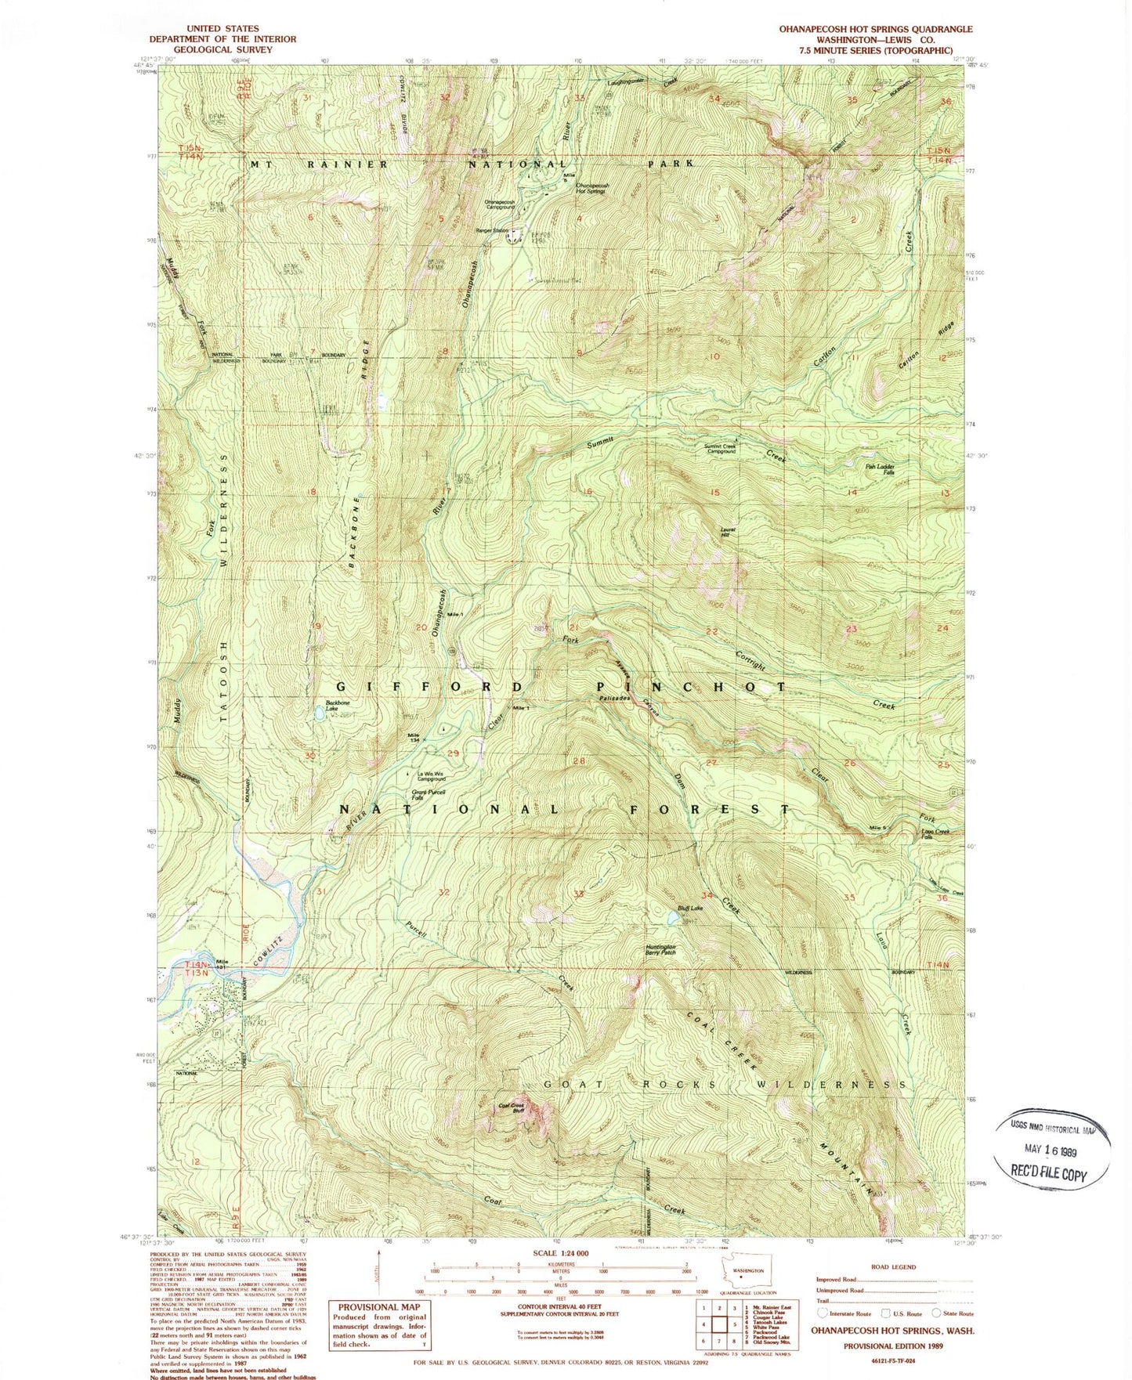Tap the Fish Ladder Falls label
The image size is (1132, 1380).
coord(879,469)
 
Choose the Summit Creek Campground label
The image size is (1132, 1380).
coord(720,449)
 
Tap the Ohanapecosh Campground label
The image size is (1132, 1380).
coord(500,204)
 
